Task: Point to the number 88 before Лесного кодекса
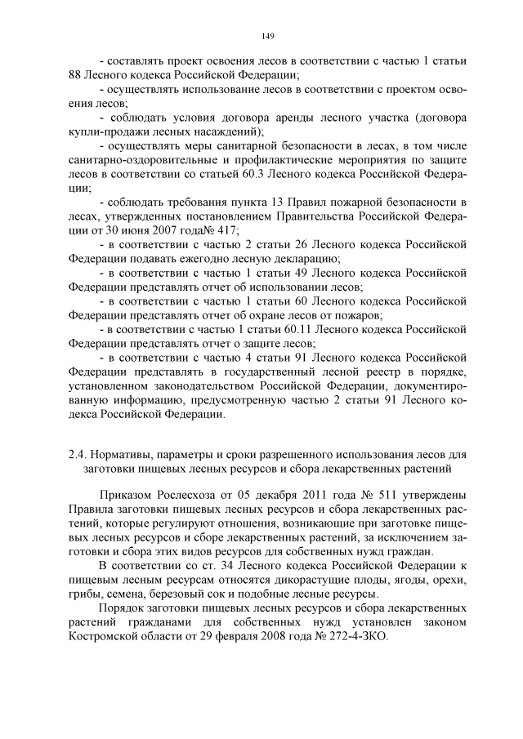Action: tap(76, 74)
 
